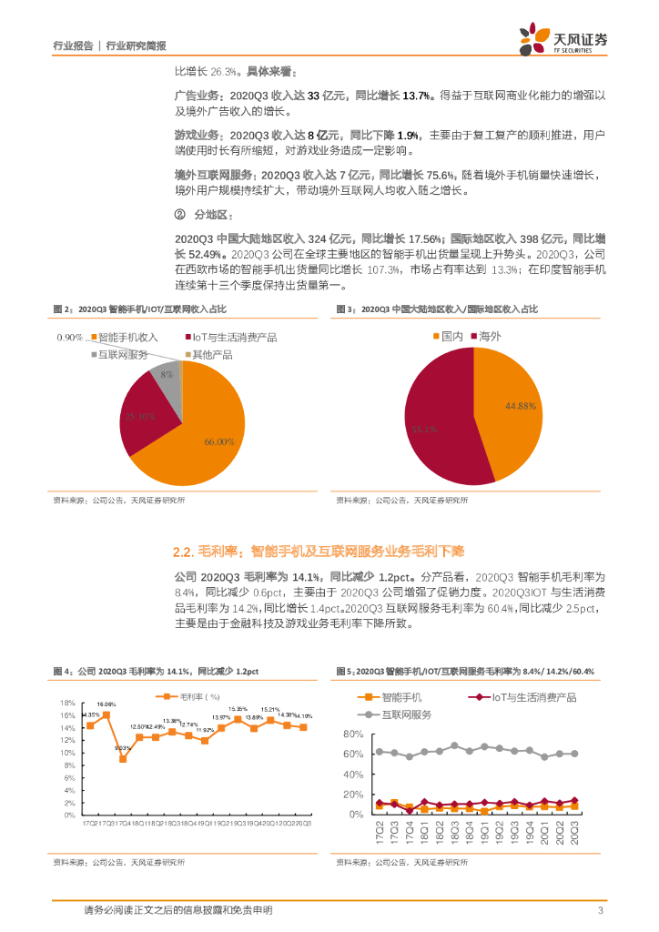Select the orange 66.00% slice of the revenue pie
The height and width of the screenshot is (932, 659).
[x=205, y=437]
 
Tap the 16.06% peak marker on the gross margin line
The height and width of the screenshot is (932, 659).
[x=106, y=715]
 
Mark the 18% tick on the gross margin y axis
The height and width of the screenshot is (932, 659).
[x=66, y=704]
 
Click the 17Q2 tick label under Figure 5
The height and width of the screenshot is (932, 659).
[x=380, y=833]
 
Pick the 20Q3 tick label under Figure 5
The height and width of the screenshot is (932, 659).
[x=573, y=833]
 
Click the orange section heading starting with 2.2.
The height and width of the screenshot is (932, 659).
[x=319, y=551]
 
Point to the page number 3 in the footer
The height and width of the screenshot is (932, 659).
[x=600, y=910]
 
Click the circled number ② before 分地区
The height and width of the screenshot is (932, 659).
[x=179, y=215]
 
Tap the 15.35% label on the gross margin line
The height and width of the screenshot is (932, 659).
[x=238, y=708]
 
